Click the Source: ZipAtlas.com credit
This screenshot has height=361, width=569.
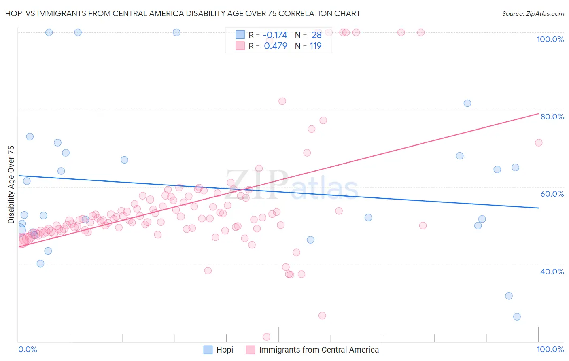click(533, 13)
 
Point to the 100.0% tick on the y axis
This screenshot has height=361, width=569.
click(550, 39)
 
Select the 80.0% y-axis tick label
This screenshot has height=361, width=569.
click(552, 117)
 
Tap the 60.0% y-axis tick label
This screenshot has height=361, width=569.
click(552, 194)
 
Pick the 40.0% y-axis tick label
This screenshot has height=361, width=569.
click(552, 272)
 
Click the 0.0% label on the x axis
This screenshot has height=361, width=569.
click(28, 349)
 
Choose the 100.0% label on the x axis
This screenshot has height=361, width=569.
click(550, 349)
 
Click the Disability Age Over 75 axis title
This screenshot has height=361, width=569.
click(11, 184)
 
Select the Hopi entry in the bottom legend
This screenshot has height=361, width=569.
click(225, 350)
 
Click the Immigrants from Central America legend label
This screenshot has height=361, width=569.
click(319, 350)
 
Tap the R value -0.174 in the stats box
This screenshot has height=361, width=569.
click(275, 35)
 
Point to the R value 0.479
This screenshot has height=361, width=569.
click(275, 46)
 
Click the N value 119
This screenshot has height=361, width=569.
click(316, 46)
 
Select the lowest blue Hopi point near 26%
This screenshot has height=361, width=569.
click(517, 317)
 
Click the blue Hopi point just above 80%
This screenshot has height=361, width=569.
click(467, 103)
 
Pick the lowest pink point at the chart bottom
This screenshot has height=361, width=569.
click(267, 337)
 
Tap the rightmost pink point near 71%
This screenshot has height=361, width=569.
click(539, 142)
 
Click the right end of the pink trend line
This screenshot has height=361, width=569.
click(538, 114)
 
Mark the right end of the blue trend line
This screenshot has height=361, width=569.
click(538, 208)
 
